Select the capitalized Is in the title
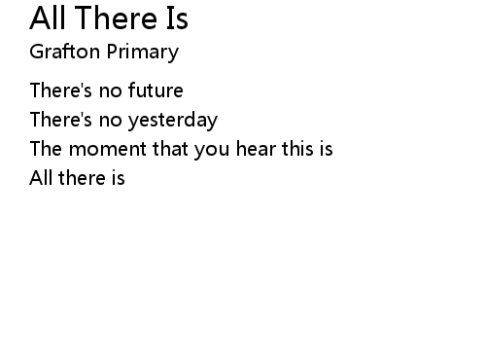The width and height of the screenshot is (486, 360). [x=177, y=18]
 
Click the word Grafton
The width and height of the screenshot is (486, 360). [x=65, y=52]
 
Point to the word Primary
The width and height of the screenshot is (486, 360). [x=143, y=52]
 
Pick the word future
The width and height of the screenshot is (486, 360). [x=156, y=90]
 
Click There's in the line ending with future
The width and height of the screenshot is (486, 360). [x=61, y=90]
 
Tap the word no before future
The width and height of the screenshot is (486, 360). [x=111, y=91]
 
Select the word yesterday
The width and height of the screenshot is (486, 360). [x=173, y=121]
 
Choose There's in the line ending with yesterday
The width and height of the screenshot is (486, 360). [x=61, y=119]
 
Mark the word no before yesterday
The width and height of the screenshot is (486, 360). [x=111, y=121]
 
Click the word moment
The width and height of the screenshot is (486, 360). [x=108, y=149]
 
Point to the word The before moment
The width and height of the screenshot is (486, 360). [x=46, y=148]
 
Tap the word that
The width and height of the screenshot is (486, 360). [x=170, y=148]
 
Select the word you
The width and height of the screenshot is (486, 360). [x=212, y=151]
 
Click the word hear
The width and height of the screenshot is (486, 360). [x=256, y=148]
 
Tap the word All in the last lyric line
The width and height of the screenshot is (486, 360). [x=41, y=177]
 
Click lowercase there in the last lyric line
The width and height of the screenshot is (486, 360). [x=83, y=177]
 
